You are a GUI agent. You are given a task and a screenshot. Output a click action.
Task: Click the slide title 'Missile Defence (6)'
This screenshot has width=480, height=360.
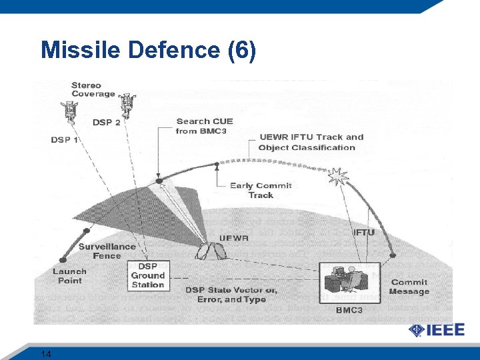click(x=147, y=51)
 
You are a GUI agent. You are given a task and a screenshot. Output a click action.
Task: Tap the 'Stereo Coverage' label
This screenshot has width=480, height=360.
click(x=93, y=89)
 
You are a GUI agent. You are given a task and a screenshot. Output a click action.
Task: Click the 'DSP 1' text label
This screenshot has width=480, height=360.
click(x=65, y=140)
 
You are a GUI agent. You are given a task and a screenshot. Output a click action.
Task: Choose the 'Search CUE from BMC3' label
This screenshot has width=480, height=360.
click(x=204, y=126)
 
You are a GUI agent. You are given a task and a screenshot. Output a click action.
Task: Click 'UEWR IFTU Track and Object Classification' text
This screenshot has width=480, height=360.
click(x=311, y=142)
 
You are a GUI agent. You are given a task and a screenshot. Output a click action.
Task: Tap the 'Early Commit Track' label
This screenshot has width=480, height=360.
click(x=261, y=190)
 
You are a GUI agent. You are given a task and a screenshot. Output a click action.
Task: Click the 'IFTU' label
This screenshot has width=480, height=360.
click(x=363, y=233)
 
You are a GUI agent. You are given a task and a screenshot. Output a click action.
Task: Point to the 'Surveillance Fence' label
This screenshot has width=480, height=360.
click(x=107, y=251)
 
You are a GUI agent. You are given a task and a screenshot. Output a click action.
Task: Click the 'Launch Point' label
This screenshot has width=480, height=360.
click(x=69, y=276)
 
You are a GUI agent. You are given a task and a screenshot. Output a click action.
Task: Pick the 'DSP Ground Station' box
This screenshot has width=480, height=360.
click(x=147, y=275)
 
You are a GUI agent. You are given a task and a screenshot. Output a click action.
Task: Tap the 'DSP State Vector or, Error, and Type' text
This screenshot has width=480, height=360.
click(x=231, y=295)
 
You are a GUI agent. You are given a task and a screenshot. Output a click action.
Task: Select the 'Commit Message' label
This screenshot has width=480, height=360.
click(x=409, y=287)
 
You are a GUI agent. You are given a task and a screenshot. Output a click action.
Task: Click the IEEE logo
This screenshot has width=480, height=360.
click(x=437, y=331)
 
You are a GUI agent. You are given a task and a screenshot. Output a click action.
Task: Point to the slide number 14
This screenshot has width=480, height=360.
click(x=46, y=353)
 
